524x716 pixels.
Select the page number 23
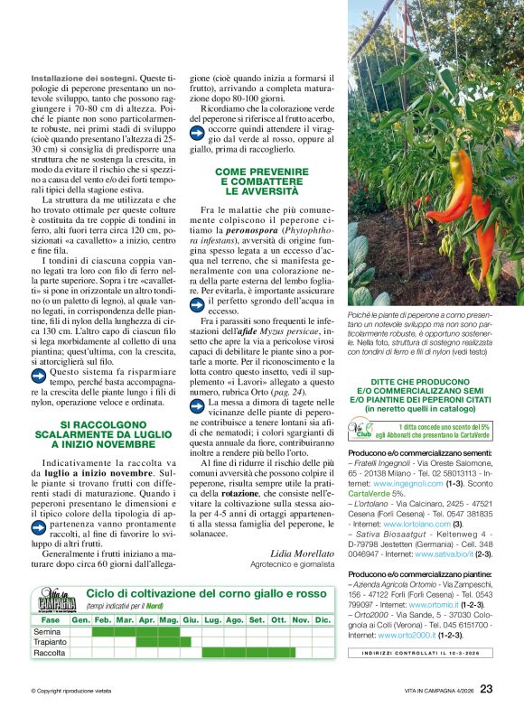pyautogui.click(x=486, y=689)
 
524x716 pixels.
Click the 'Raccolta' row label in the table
pyautogui.click(x=50, y=652)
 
